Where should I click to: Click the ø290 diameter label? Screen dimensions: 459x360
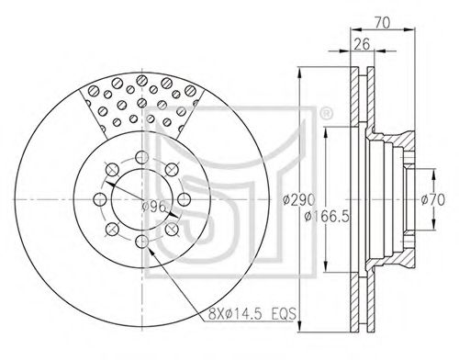point(298,200)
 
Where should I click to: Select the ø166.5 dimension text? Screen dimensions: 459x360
point(327,217)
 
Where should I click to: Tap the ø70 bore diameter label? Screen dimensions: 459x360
point(432,200)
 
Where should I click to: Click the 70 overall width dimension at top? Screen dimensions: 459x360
point(382,23)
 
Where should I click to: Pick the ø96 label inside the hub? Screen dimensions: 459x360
point(154,208)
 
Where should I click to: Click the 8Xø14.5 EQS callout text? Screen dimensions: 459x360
point(252,314)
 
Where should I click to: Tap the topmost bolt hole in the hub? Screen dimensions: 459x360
point(141,157)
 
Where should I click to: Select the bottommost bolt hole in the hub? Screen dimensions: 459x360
point(141,242)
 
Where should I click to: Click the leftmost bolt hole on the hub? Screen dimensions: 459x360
point(99,199)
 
